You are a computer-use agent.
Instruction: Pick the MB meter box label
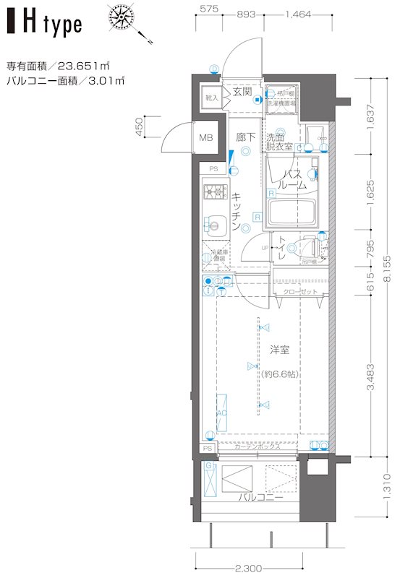pos(205,139)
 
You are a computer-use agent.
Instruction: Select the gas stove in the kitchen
pos(215,193)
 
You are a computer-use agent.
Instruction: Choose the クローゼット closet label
pos(299,292)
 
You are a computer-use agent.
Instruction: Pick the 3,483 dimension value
pos(371,376)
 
